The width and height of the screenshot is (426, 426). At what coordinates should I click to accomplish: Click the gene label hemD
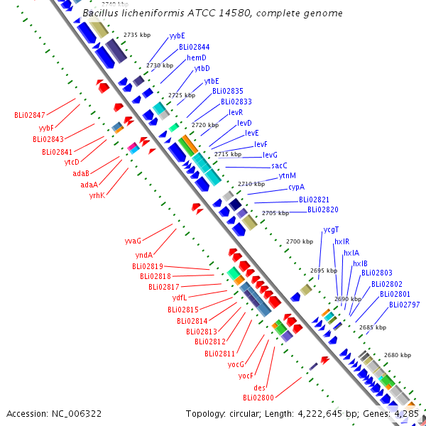[197, 58]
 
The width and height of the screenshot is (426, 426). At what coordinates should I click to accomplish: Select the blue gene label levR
[236, 112]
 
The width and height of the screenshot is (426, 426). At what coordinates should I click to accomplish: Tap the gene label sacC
[279, 165]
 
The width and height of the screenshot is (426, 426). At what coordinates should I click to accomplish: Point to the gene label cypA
[296, 187]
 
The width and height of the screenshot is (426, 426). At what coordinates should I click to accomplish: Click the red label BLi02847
[30, 115]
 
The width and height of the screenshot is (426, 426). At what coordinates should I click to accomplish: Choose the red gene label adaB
[81, 173]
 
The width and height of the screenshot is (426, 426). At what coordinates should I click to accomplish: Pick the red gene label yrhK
[97, 195]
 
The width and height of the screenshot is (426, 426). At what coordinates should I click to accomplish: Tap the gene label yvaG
[133, 241]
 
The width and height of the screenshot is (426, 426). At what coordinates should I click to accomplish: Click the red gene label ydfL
[180, 297]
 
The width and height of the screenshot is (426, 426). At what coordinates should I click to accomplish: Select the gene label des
[259, 388]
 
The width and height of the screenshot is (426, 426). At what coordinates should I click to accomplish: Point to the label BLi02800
[258, 398]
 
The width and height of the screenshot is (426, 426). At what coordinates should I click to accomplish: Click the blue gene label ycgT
[331, 230]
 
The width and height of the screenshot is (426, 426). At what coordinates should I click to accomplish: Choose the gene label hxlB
[360, 263]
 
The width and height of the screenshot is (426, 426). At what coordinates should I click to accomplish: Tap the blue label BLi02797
[405, 305]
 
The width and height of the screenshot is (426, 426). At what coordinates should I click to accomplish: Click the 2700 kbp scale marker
[300, 241]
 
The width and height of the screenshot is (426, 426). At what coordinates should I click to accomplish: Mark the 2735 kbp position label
[137, 35]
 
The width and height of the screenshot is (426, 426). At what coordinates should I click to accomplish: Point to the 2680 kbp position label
[398, 355]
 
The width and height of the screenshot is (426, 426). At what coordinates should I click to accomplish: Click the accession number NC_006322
[77, 414]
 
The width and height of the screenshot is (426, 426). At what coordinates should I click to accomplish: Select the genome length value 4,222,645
[320, 414]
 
